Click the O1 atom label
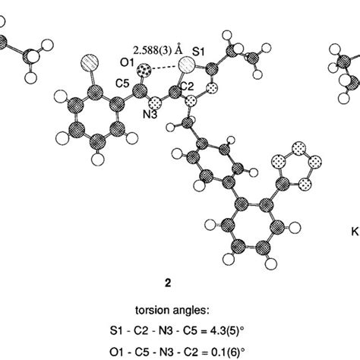[x=127, y=63]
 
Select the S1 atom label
[x=199, y=52]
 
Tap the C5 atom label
[x=122, y=83]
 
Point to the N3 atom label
[x=150, y=115]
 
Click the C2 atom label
[x=187, y=87]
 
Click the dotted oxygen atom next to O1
[x=144, y=70]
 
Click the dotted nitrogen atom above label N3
[x=155, y=104]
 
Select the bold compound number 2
[x=168, y=283]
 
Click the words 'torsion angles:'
[x=172, y=311]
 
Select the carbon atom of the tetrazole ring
[x=283, y=184]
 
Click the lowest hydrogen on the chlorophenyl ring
[x=98, y=159]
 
